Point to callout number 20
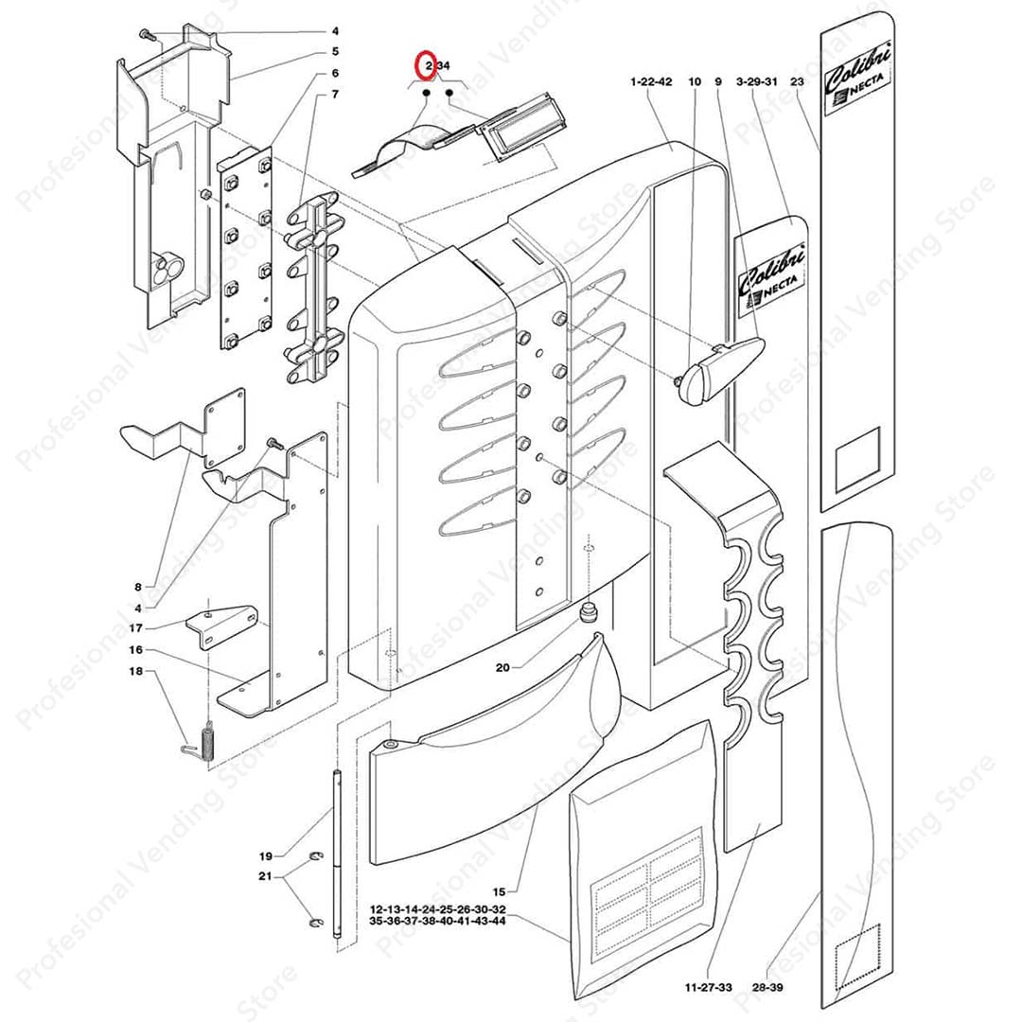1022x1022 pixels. pos(502,667)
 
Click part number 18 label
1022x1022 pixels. pos(136,672)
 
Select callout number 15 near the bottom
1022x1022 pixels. pos(500,890)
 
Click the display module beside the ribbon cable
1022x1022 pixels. pos(520,129)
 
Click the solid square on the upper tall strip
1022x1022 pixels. pos(856,460)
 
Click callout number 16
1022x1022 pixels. pos(136,650)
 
